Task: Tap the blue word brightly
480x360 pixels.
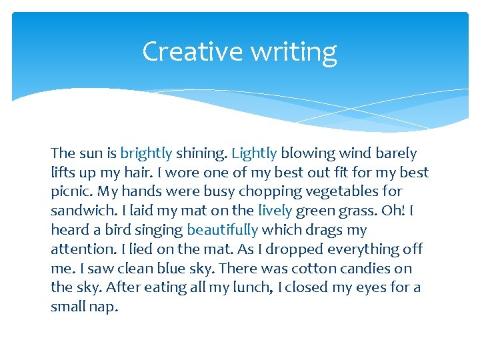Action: [x=146, y=153]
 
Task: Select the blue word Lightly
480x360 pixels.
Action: [x=254, y=153]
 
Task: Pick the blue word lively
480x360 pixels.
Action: [x=275, y=211]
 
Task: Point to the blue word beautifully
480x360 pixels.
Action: [x=222, y=230]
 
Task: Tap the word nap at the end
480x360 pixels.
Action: [x=106, y=307]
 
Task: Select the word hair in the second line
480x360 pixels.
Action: [x=125, y=173]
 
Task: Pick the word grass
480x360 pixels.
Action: [x=359, y=211]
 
